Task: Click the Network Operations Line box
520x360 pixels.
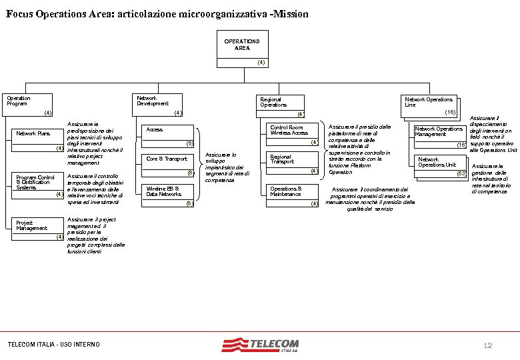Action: click(x=430, y=105)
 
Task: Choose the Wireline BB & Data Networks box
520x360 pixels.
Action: click(x=169, y=195)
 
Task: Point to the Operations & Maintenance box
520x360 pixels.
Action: click(x=291, y=194)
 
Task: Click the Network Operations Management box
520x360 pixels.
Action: click(x=439, y=135)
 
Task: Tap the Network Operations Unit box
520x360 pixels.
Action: click(x=439, y=165)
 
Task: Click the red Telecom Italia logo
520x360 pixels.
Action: click(x=261, y=345)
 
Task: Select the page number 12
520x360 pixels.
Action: click(x=487, y=345)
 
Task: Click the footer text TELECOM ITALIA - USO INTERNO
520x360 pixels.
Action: click(x=53, y=344)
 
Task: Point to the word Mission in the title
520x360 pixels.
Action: click(x=287, y=13)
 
